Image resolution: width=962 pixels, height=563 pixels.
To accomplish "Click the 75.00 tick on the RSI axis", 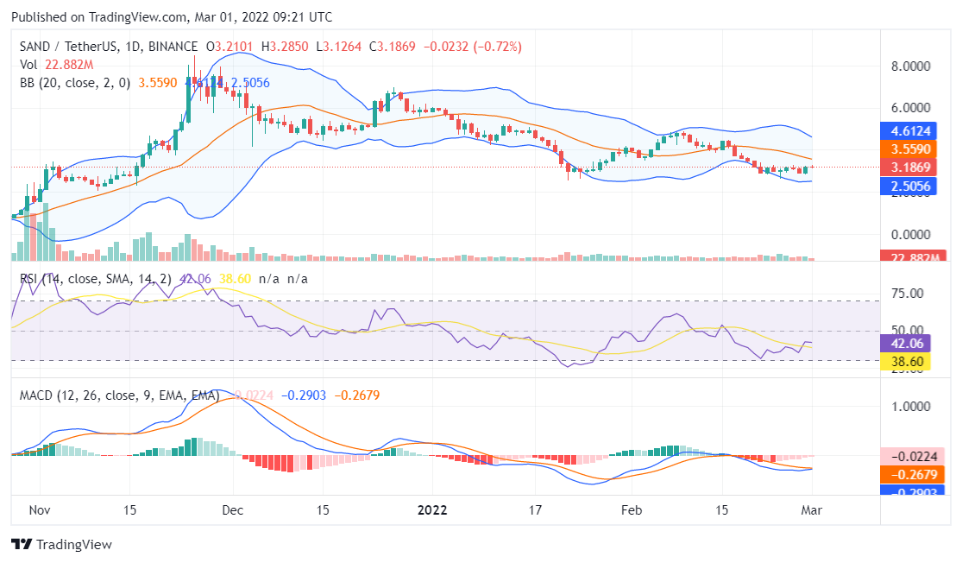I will [x=906, y=294].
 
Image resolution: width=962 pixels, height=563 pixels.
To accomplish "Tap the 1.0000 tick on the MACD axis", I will [x=911, y=406].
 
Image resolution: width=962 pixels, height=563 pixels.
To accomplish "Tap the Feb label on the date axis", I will [x=632, y=509].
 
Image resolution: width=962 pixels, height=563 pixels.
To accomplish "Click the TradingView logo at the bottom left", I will [x=61, y=545].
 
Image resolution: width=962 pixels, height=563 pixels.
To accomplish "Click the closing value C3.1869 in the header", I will [x=393, y=46].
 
